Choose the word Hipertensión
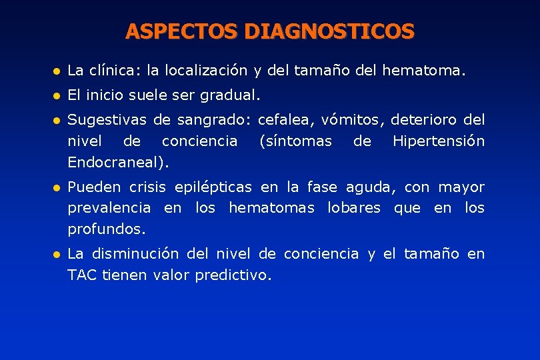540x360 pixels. (x=439, y=141)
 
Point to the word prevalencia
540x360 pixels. (x=109, y=208)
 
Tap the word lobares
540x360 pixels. (x=353, y=208)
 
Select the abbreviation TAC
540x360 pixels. (x=83, y=275)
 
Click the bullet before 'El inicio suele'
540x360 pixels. (x=57, y=95)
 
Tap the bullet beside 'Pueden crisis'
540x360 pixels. (x=57, y=187)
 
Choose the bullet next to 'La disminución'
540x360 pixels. (x=57, y=254)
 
